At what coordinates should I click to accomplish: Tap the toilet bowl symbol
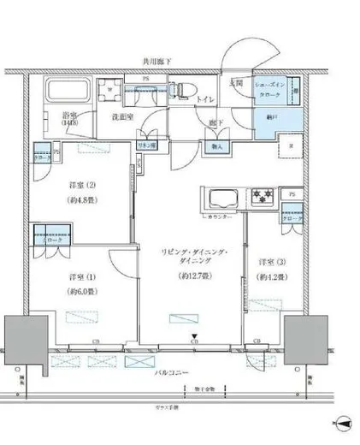pos(181,90)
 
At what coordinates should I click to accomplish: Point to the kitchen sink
pos(221,201)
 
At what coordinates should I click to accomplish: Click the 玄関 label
pos(235,83)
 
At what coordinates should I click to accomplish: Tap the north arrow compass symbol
pos(341,423)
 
